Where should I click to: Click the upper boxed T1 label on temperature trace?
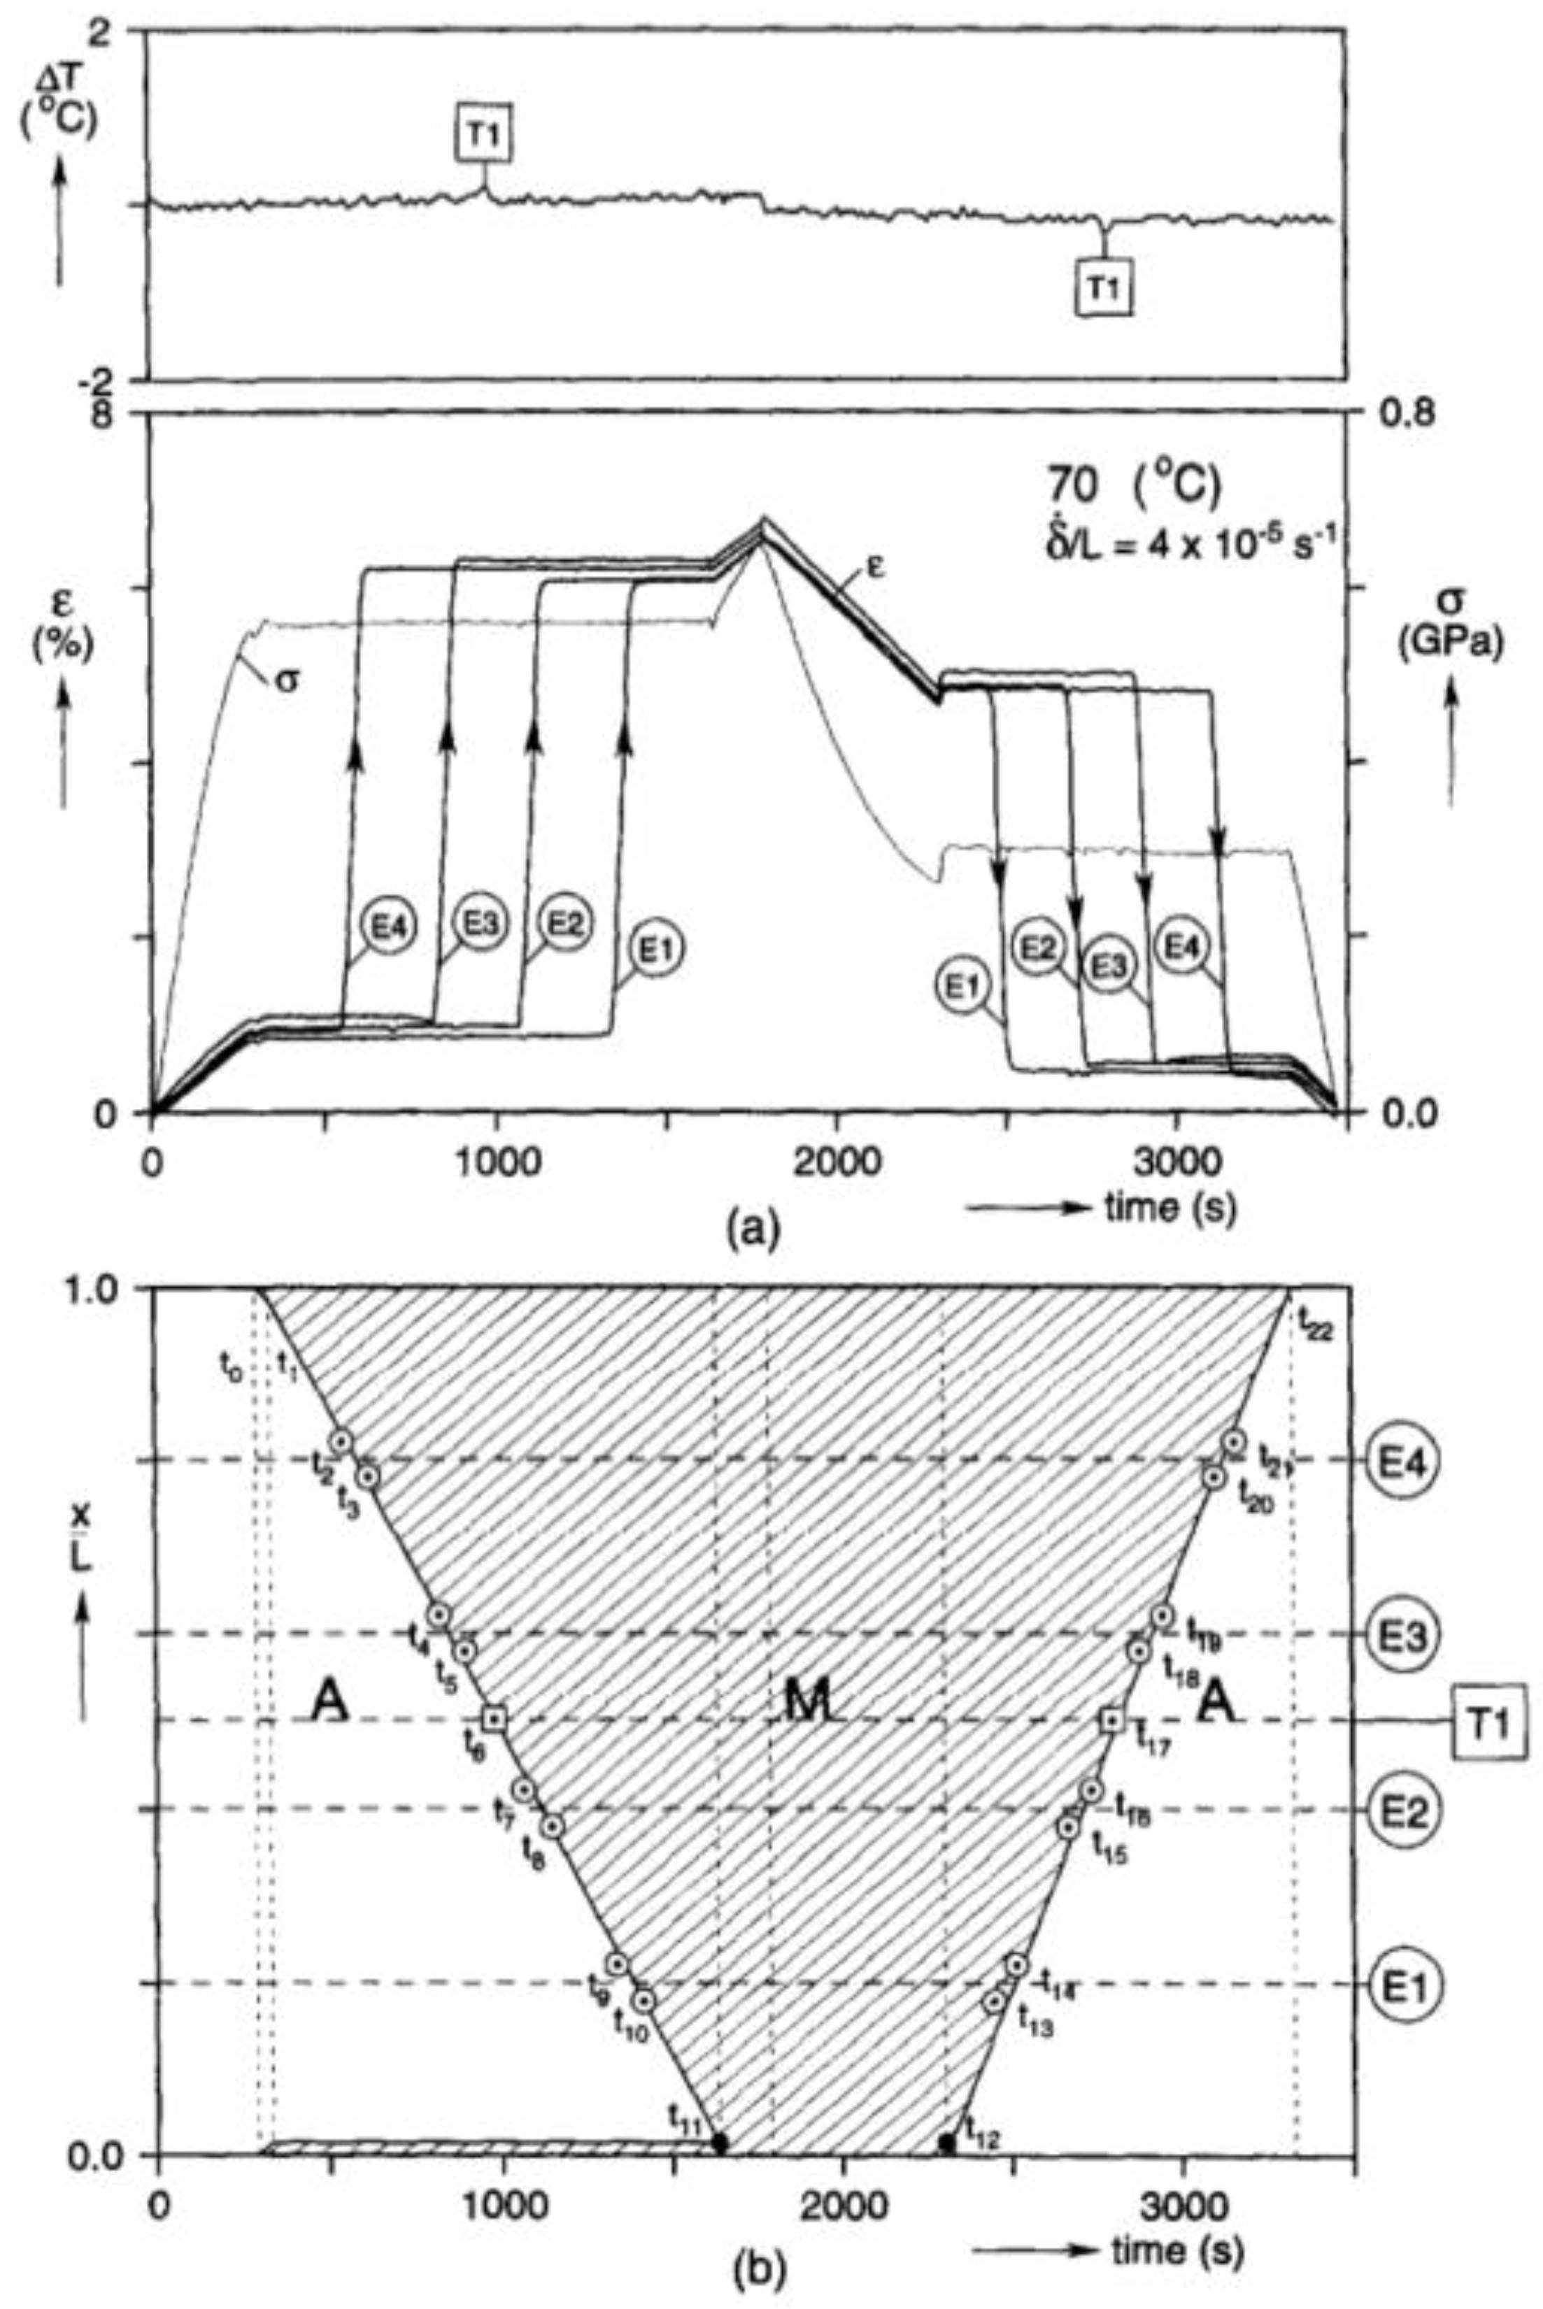click(x=483, y=141)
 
